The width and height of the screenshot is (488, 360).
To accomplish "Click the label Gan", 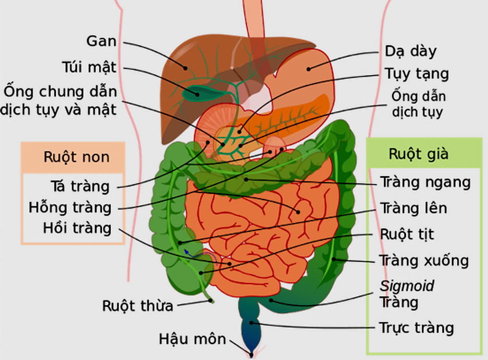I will tap(102, 41).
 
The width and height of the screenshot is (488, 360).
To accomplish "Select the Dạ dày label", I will tap(410, 51).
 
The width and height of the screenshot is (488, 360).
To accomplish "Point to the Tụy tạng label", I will tap(416, 74).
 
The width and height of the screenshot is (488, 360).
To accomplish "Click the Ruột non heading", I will tap(76, 157).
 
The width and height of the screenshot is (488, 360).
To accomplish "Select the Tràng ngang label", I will tap(425, 183).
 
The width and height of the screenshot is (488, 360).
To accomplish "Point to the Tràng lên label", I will tap(413, 208).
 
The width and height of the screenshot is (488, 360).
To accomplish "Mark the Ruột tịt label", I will tap(407, 234).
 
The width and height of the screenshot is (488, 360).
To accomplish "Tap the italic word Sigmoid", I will tap(407, 286).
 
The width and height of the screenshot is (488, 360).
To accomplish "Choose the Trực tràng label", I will tap(416, 327).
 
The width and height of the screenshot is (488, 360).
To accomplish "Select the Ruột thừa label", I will tap(138, 306).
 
